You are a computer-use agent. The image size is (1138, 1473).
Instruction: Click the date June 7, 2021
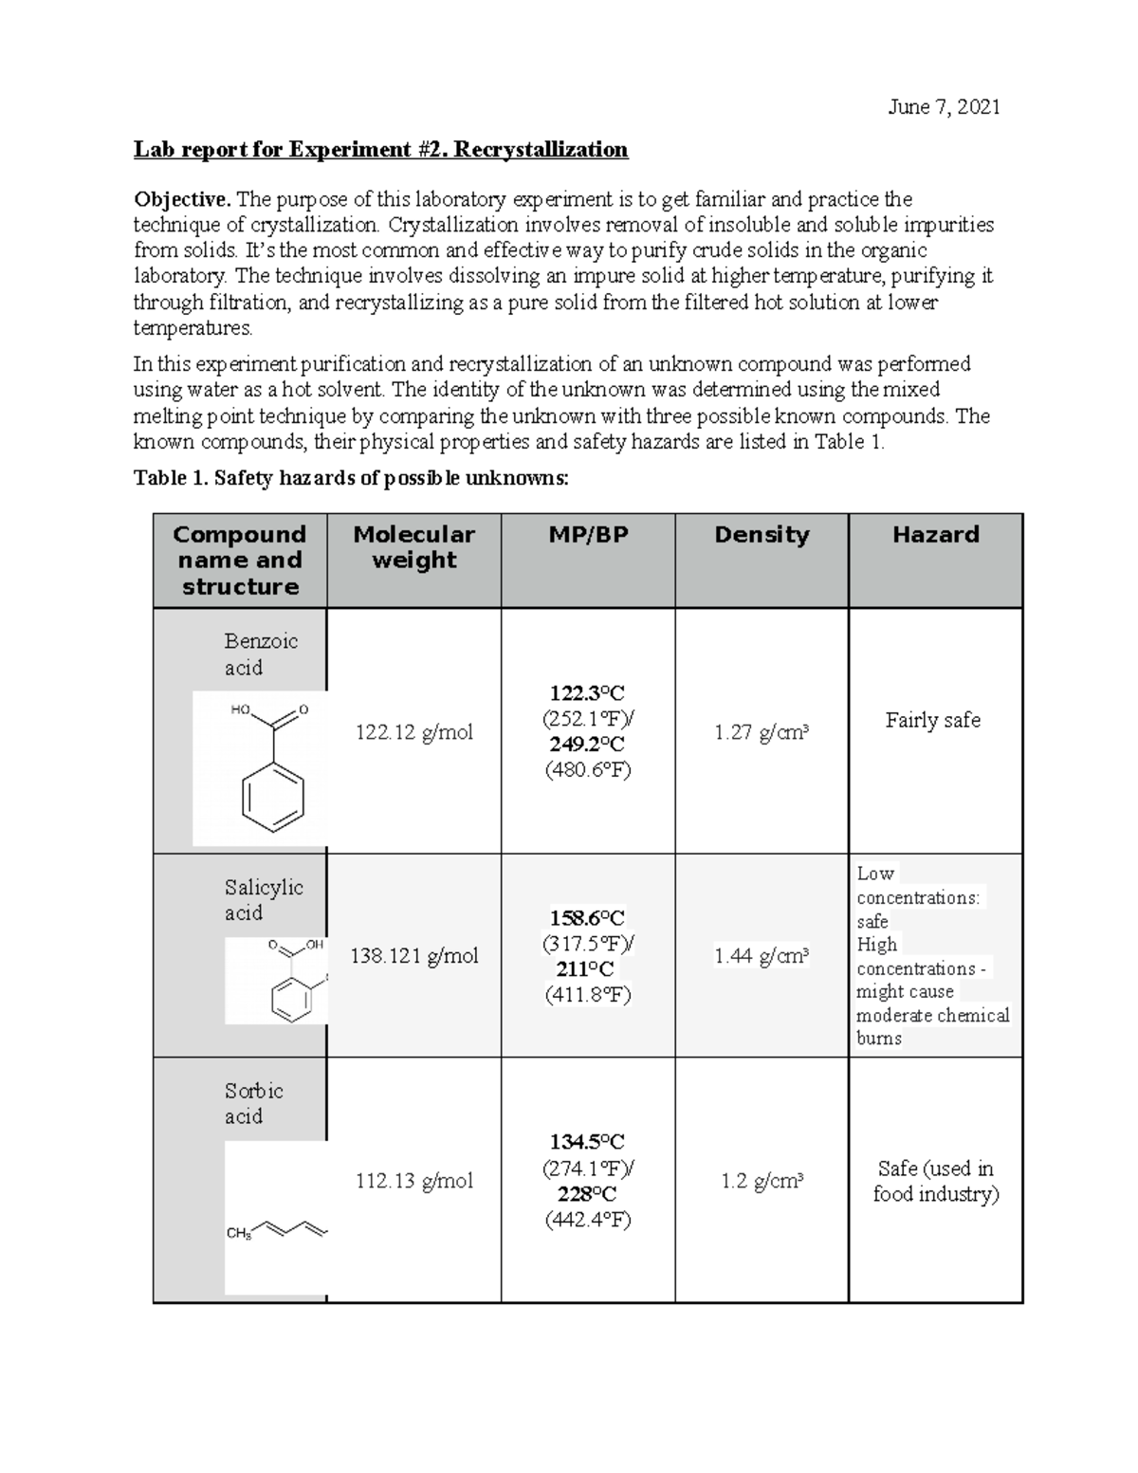(x=943, y=107)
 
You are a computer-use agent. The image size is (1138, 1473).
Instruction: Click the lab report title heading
(x=380, y=150)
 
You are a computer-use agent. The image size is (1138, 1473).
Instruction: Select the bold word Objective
(x=181, y=199)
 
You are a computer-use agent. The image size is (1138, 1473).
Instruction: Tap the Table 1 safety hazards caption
(x=351, y=478)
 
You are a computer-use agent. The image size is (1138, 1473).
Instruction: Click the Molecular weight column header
(x=413, y=547)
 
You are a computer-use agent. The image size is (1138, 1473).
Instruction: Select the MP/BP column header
(x=588, y=535)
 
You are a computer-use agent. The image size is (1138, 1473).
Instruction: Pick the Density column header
(x=762, y=535)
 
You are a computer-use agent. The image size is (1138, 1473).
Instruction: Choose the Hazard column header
(x=935, y=535)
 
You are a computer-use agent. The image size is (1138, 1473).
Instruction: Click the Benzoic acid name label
(x=261, y=654)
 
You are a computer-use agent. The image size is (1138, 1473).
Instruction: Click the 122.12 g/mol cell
(x=413, y=732)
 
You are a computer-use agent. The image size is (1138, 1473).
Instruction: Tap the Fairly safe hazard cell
(x=933, y=720)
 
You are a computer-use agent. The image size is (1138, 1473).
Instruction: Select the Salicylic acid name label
(x=264, y=900)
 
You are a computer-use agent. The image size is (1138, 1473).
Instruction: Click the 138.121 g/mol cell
(x=413, y=956)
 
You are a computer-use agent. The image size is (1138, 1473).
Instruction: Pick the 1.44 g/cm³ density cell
(x=762, y=956)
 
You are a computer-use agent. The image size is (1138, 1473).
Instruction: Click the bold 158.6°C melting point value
(x=588, y=918)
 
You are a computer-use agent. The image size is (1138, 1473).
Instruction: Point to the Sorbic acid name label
(x=253, y=1103)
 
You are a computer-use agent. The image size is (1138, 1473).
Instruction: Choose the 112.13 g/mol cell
(x=413, y=1181)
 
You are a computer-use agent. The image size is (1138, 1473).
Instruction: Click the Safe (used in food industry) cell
(x=935, y=1181)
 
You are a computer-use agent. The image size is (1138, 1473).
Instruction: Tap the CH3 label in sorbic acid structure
(x=238, y=1233)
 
